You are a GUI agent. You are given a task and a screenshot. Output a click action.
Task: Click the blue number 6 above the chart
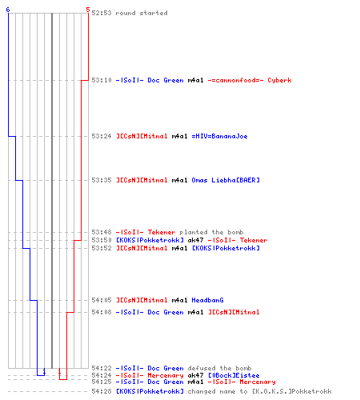click(8, 10)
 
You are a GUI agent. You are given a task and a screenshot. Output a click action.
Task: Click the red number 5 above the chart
click(88, 10)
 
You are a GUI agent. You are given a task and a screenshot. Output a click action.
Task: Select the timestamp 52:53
click(102, 13)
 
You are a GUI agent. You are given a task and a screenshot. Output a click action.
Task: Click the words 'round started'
click(142, 13)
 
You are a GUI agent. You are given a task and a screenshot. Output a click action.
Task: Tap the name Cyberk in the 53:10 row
click(279, 80)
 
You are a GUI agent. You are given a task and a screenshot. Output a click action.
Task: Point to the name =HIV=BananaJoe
click(219, 136)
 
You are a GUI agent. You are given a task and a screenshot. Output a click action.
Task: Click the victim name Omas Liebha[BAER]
click(226, 180)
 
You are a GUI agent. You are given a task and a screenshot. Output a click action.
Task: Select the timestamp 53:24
click(102, 136)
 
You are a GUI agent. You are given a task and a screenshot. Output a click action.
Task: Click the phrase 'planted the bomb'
click(211, 232)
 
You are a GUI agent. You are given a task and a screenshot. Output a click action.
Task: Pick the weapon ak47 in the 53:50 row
click(195, 240)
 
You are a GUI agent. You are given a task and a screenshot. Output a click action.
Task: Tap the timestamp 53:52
click(102, 248)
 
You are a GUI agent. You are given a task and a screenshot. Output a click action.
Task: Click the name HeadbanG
click(207, 300)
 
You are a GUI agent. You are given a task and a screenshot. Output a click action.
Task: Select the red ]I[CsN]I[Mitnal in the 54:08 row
click(234, 312)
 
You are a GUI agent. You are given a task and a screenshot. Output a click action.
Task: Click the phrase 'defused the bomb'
click(219, 368)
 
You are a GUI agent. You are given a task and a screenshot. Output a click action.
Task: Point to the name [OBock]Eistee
click(234, 375)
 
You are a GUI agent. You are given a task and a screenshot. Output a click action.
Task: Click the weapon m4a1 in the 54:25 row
click(195, 382)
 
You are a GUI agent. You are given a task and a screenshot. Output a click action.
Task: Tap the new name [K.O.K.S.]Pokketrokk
click(292, 391)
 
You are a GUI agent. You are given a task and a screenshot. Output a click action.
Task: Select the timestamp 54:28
click(102, 391)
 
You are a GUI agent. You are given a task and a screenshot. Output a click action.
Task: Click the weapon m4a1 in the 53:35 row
click(179, 180)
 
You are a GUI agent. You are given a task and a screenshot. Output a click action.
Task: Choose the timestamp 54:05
click(102, 300)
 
